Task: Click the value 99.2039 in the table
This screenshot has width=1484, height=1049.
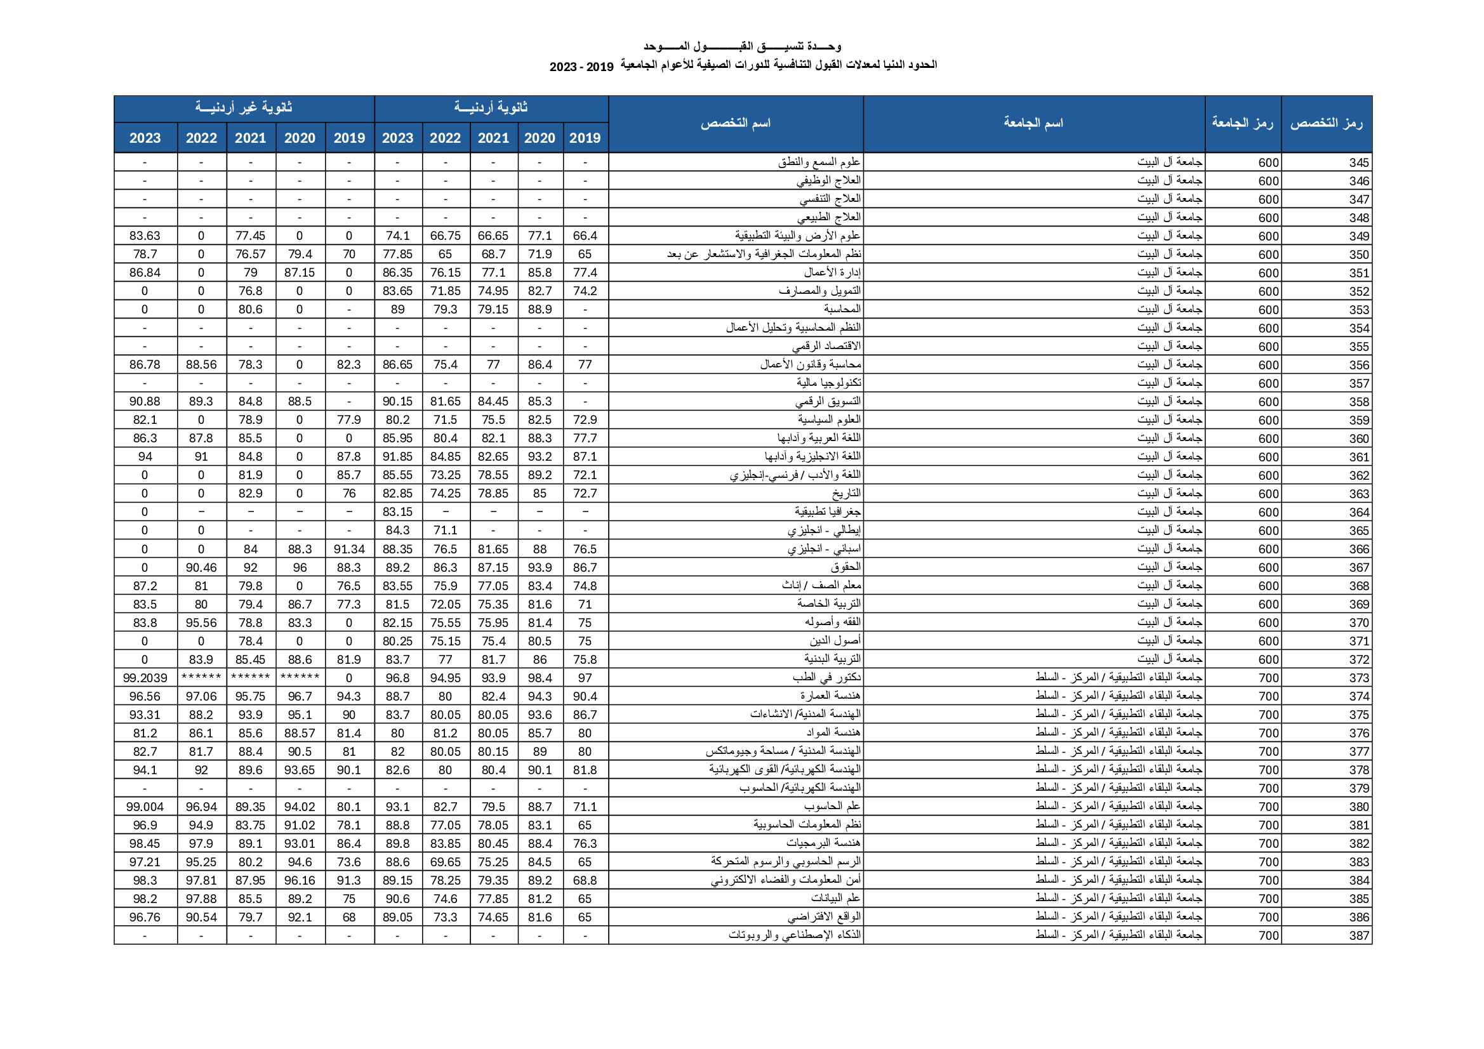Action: click(x=145, y=678)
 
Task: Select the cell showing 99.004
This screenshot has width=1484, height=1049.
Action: click(x=145, y=807)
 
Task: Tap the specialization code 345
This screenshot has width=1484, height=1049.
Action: click(x=1358, y=162)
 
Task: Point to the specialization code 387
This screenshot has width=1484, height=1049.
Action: click(x=1358, y=935)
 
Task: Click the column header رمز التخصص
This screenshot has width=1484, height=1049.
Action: click(x=1326, y=124)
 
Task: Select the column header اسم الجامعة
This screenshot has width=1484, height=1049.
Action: click(x=1033, y=124)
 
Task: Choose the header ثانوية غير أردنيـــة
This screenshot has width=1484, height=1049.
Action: click(x=244, y=108)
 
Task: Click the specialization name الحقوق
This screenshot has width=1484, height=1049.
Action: click(x=845, y=567)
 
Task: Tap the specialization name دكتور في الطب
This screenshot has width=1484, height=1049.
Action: click(x=826, y=677)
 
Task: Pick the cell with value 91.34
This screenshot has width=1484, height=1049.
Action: click(x=349, y=550)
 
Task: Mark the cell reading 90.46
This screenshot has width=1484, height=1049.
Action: click(x=201, y=567)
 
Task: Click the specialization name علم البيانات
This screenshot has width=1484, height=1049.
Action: click(x=835, y=899)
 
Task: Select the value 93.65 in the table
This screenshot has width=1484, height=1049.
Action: click(x=299, y=770)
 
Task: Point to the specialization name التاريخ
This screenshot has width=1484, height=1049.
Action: click(x=846, y=493)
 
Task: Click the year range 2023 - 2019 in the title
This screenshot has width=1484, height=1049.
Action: click(x=581, y=67)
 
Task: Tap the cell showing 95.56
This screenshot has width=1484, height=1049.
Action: click(x=201, y=623)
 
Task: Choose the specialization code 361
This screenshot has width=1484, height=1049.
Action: click(x=1358, y=457)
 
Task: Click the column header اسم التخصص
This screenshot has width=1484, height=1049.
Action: click(x=736, y=124)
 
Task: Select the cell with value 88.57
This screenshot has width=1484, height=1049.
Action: click(x=299, y=733)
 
